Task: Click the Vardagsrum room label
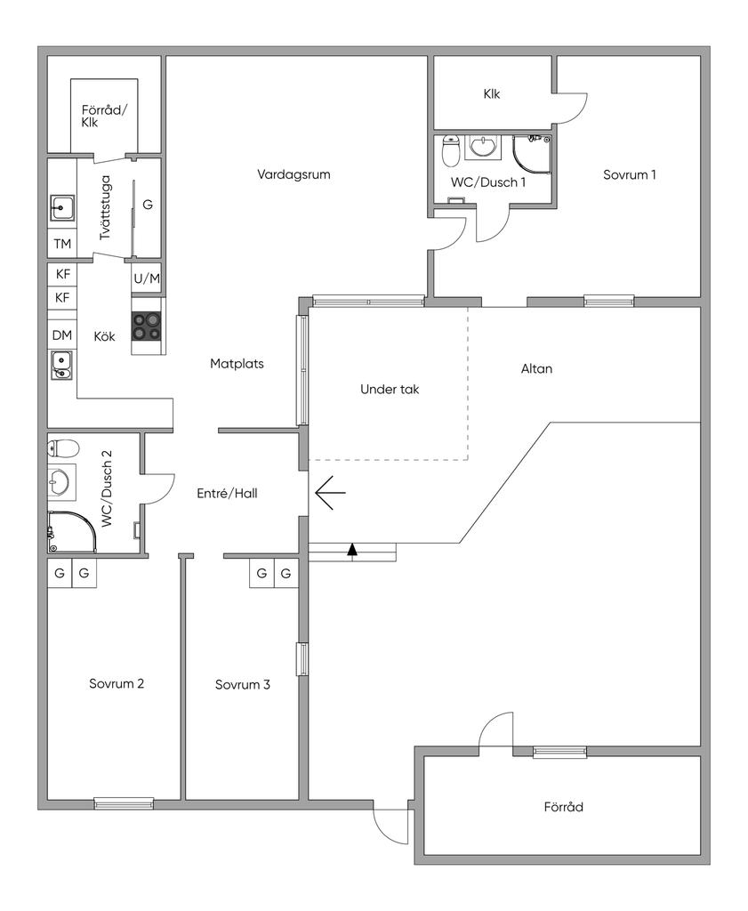pos(294,174)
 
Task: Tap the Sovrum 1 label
pos(630,174)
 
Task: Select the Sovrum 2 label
pos(117,683)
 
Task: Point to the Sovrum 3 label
pos(243,684)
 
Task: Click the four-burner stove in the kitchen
pos(146,326)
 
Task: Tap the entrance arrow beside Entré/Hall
pos(330,493)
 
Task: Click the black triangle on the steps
pos(352,550)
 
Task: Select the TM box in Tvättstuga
pos(62,244)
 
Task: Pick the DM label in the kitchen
pos(62,335)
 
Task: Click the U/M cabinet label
pos(147,278)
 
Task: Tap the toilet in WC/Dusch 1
pos(451,150)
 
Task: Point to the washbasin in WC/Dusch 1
pos(483,148)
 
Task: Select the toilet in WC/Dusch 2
pos(63,448)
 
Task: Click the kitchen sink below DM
pos(61,365)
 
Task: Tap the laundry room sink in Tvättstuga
pos(61,207)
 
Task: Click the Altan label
pos(536,368)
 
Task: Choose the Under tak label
pos(390,390)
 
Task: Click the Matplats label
pos(237,364)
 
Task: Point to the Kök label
pos(105,336)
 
